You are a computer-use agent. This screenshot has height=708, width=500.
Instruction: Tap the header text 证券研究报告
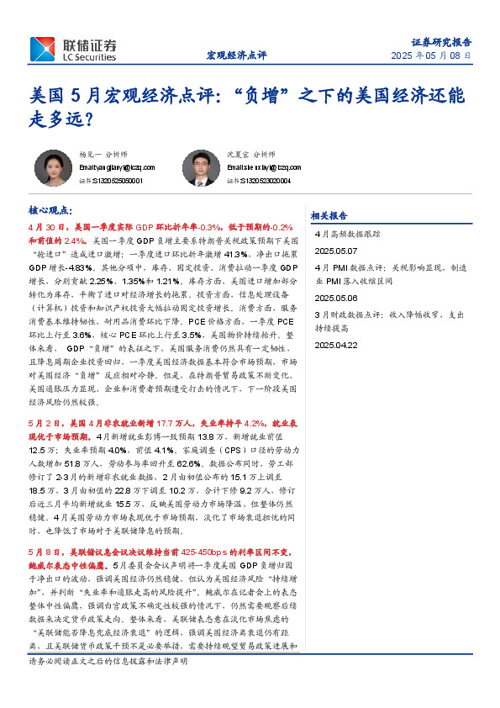coord(441,40)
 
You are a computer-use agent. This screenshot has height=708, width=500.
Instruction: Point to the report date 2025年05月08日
coord(431,55)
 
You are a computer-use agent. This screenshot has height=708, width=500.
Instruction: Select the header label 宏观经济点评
coord(236,55)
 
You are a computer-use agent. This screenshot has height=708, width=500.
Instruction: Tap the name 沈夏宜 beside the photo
coord(239,155)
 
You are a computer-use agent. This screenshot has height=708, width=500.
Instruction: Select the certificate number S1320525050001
coord(117,180)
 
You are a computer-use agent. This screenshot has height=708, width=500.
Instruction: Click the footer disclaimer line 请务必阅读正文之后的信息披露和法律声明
coord(108,685)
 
